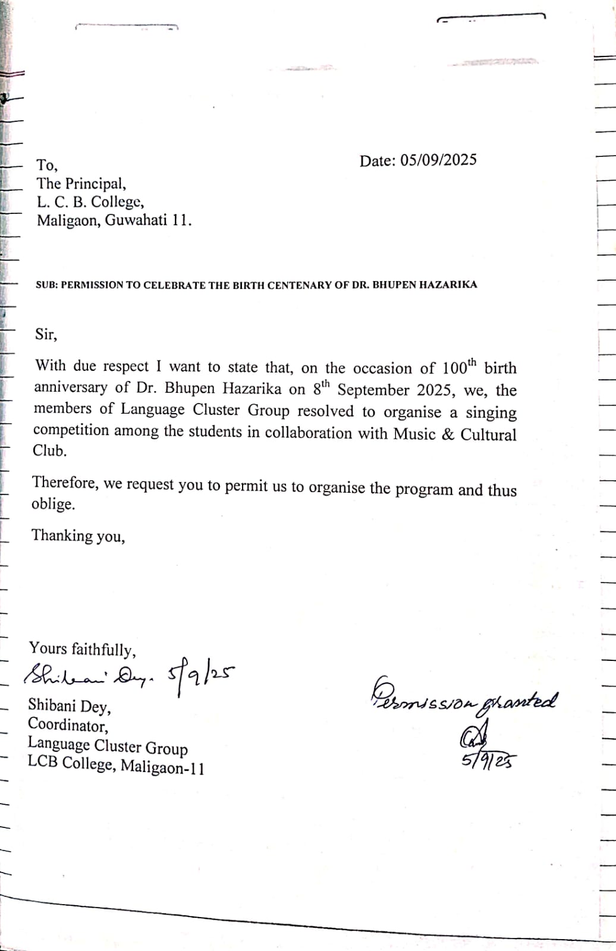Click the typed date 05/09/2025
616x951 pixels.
pos(438,160)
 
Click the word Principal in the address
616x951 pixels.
pos(95,184)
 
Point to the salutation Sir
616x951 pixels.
pos(46,334)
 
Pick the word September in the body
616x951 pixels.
pos(373,390)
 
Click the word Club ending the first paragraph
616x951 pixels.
pos(49,451)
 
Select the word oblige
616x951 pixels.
pos(53,504)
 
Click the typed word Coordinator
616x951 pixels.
pos(67,725)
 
